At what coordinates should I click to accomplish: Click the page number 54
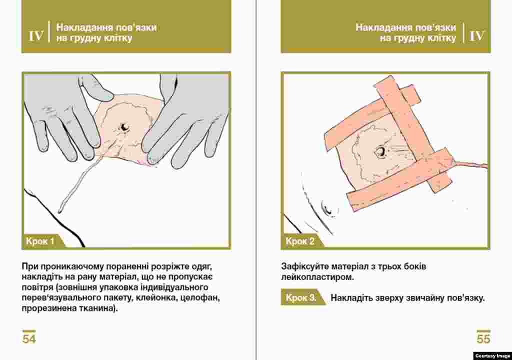point(28,339)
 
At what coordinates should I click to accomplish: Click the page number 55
point(483,339)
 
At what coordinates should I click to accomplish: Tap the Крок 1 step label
point(40,241)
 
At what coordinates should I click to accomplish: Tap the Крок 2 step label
point(300,241)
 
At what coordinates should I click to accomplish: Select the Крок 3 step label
point(300,298)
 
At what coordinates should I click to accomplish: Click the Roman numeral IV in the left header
point(36,35)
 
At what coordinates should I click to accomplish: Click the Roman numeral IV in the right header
point(476,35)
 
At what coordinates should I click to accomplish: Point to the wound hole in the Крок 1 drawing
point(124,127)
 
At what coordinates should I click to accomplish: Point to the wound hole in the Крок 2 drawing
point(380,151)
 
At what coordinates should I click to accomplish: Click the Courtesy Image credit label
point(492,356)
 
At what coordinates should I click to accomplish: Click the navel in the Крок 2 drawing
point(328,208)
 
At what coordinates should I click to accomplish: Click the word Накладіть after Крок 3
point(352,298)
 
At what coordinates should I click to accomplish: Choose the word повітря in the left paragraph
point(37,287)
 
